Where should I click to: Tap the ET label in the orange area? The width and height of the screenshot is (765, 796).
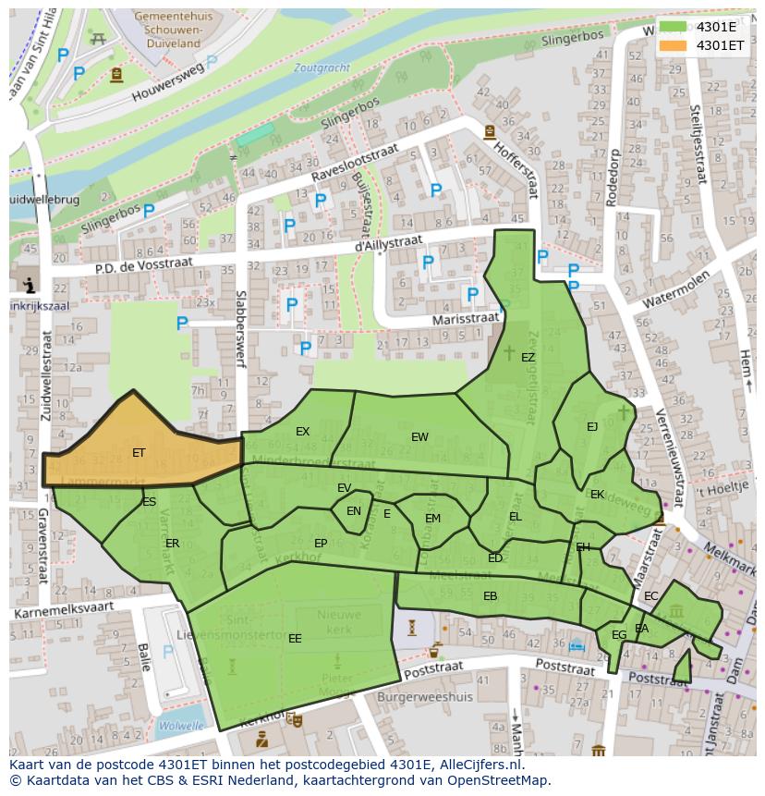(139, 453)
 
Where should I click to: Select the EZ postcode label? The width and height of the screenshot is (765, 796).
(528, 358)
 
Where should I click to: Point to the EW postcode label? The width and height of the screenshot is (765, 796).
(419, 437)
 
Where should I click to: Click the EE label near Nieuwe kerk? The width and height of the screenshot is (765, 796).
(295, 639)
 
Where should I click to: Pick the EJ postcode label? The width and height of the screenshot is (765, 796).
(592, 427)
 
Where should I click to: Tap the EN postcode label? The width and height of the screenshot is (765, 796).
(354, 511)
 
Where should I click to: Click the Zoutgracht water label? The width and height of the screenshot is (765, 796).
(322, 68)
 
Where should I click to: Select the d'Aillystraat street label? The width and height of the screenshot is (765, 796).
(388, 243)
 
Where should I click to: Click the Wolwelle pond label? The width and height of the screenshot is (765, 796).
(180, 727)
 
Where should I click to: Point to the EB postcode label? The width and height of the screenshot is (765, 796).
(490, 596)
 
